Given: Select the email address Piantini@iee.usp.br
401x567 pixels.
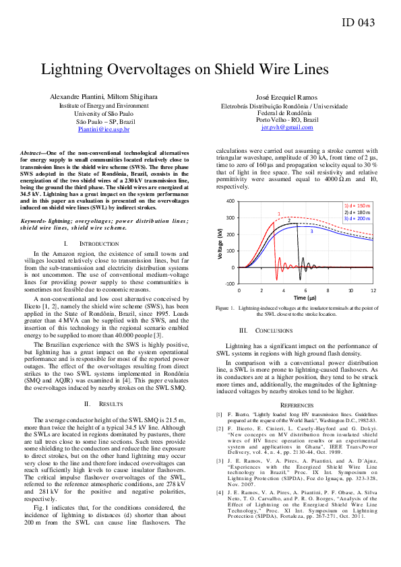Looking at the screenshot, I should (104, 129).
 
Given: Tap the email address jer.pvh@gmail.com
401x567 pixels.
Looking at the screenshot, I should (287, 127).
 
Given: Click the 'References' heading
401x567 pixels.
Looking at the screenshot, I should (297, 404).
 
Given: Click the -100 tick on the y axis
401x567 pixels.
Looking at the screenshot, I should (229, 284).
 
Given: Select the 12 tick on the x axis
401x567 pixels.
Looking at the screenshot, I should (373, 290).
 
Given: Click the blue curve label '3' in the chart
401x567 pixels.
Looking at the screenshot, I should (311, 231).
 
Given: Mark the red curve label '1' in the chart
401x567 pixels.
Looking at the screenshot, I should (278, 213).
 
